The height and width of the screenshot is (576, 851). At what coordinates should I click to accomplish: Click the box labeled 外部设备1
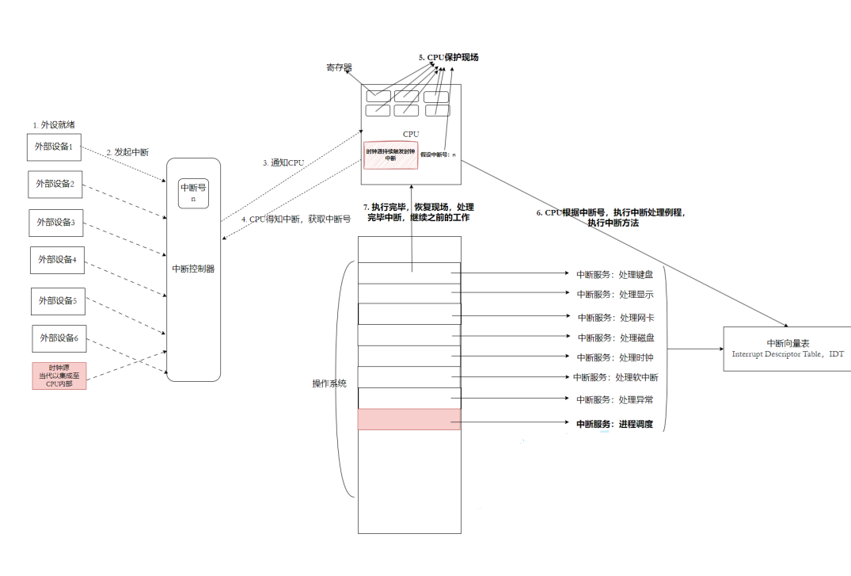tap(54, 147)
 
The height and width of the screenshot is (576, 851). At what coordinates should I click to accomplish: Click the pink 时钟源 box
tap(59, 376)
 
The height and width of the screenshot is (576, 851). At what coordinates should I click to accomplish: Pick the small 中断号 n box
tap(193, 193)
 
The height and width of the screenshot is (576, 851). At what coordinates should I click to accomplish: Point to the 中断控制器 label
tap(193, 269)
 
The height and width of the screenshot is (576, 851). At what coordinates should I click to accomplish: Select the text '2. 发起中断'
tap(127, 151)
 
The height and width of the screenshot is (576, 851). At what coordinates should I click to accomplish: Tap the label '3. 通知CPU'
tap(283, 162)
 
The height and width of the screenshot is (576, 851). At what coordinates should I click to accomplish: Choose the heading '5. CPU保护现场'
tap(448, 58)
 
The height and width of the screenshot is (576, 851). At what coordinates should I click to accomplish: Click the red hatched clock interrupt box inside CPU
tap(390, 154)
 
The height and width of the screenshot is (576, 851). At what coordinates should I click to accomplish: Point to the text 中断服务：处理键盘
tap(615, 274)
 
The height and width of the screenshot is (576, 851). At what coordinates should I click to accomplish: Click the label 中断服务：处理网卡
tap(615, 317)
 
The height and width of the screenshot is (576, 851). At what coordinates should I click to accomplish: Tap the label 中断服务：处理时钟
tap(615, 357)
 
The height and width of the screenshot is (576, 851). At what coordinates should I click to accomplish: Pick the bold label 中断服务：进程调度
tap(614, 424)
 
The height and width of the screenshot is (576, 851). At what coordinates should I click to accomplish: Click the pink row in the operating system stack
tap(408, 419)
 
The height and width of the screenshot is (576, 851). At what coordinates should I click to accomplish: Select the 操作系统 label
tap(329, 383)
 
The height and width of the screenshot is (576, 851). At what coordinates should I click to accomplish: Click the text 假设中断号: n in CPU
tap(438, 154)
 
